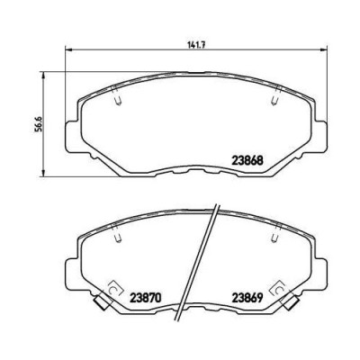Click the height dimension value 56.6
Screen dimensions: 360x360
pyautogui.click(x=37, y=123)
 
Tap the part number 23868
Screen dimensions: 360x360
pyautogui.click(x=247, y=160)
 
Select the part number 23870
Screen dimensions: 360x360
pyautogui.click(x=145, y=298)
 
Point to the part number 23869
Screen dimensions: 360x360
pyautogui.click(x=247, y=298)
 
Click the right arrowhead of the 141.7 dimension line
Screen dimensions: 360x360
pyautogui.click(x=322, y=49)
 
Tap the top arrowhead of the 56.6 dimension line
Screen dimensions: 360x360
pyautogui.click(x=44, y=76)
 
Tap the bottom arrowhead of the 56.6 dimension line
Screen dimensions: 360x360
pyautogui.click(x=44, y=172)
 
